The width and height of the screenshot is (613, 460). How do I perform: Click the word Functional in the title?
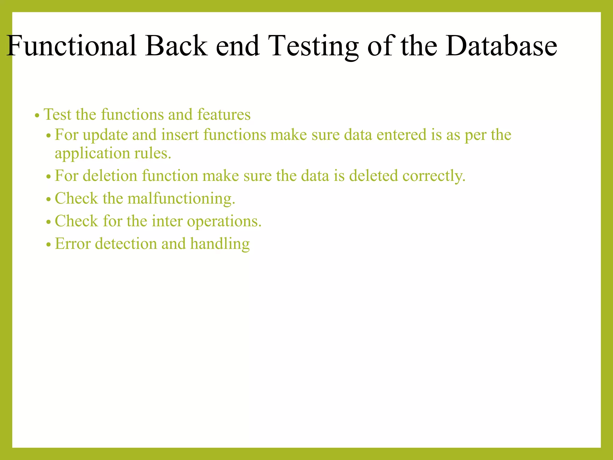(x=71, y=46)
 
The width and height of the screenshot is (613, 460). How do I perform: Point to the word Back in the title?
(x=176, y=46)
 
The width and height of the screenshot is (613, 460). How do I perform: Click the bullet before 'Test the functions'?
(x=37, y=116)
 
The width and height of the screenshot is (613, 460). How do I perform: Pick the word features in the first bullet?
(x=224, y=114)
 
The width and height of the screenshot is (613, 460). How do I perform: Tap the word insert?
(x=180, y=135)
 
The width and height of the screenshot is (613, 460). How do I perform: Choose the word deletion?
(x=110, y=175)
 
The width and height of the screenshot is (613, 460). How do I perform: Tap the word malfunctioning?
(x=181, y=199)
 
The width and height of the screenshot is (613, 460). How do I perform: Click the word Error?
(x=73, y=243)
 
